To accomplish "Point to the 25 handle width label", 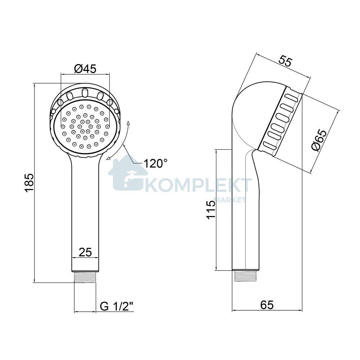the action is point(85,252).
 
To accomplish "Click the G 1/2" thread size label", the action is point(117,306).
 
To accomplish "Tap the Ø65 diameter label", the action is point(319,140).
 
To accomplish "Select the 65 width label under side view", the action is point(267,305).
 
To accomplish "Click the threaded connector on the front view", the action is point(85,277).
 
